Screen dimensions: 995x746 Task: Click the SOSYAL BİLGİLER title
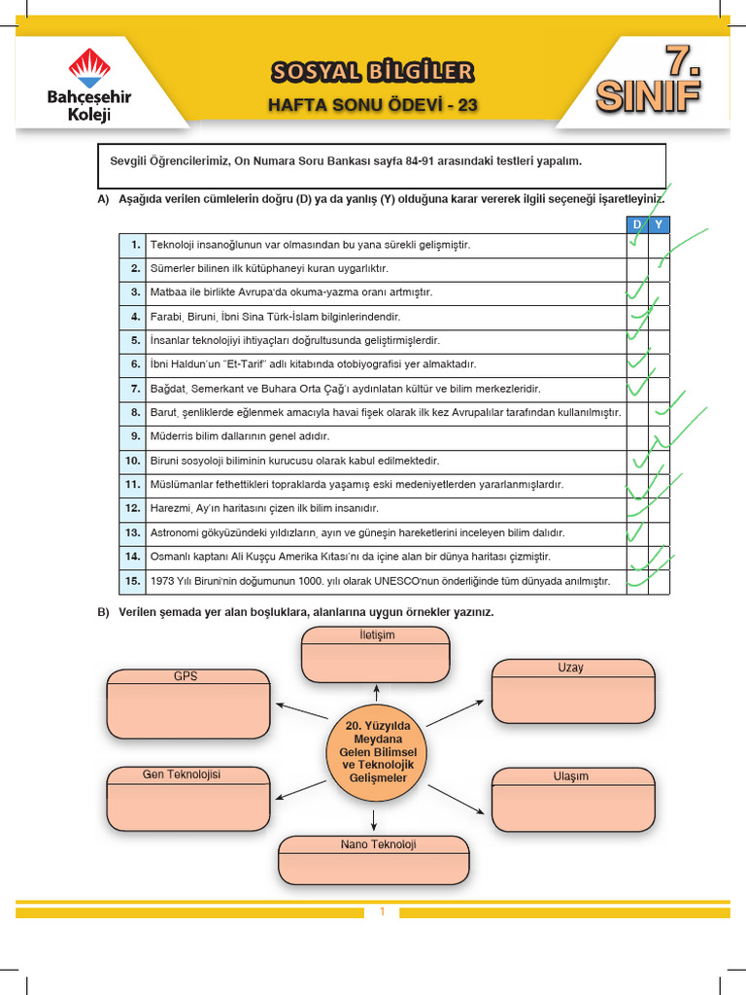tap(373, 71)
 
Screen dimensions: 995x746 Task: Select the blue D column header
tap(637, 224)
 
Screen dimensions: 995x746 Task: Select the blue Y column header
tap(659, 224)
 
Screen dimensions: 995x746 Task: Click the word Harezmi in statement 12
tap(171, 509)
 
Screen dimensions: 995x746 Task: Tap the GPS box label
tap(186, 676)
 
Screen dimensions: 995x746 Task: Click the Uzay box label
tap(570, 669)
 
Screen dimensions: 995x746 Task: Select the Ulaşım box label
tap(570, 777)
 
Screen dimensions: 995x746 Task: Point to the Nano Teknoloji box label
tap(378, 845)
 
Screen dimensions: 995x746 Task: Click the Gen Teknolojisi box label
tap(182, 775)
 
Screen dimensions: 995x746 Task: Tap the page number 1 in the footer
tap(383, 912)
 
